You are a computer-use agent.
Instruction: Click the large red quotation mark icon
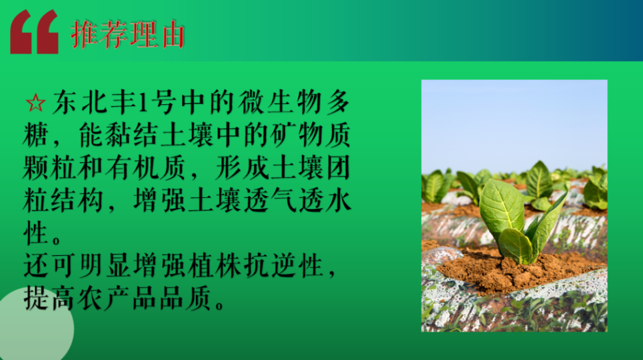pos(34,31)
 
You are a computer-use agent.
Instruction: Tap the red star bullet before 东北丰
pos(35,103)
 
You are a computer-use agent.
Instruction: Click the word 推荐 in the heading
pos(99,35)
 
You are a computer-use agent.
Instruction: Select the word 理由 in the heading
pos(156,35)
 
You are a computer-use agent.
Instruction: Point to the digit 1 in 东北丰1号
pos(143,102)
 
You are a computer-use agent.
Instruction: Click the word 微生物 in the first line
pos(279,102)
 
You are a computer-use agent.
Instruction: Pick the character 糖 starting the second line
pos(36,134)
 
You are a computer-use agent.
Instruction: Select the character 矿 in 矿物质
pos(283,134)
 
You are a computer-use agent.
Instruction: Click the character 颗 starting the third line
pos(36,168)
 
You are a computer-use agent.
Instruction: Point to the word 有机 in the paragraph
pos(131,168)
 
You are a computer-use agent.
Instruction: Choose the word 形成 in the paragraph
pos(242,168)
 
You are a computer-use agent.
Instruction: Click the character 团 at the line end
pos(338,168)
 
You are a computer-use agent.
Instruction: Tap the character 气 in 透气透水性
pos(283,200)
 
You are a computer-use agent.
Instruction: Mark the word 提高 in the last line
pos(48,298)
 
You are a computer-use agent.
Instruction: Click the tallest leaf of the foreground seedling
pos(502,209)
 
